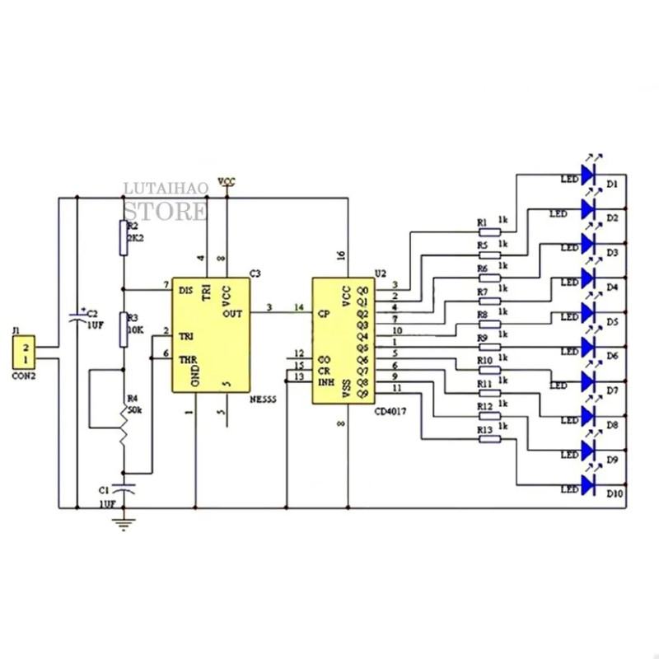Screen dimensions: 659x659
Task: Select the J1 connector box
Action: pyautogui.click(x=24, y=352)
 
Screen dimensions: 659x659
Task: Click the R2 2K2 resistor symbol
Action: pyautogui.click(x=124, y=238)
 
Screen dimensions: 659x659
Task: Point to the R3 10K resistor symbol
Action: pyautogui.click(x=124, y=329)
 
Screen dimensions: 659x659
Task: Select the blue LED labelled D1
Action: pyautogui.click(x=588, y=175)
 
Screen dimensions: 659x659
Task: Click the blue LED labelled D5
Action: pyautogui.click(x=588, y=313)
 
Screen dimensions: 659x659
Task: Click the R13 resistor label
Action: pyautogui.click(x=485, y=430)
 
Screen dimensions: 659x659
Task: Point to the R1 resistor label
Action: pyautogui.click(x=483, y=222)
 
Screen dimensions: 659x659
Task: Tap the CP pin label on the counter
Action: pyautogui.click(x=324, y=314)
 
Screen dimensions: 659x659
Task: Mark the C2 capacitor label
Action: pyautogui.click(x=92, y=314)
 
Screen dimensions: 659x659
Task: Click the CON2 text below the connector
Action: pyautogui.click(x=25, y=376)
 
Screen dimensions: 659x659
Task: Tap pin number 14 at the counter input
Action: pyautogui.click(x=298, y=308)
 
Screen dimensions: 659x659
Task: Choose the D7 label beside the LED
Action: pyautogui.click(x=612, y=390)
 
